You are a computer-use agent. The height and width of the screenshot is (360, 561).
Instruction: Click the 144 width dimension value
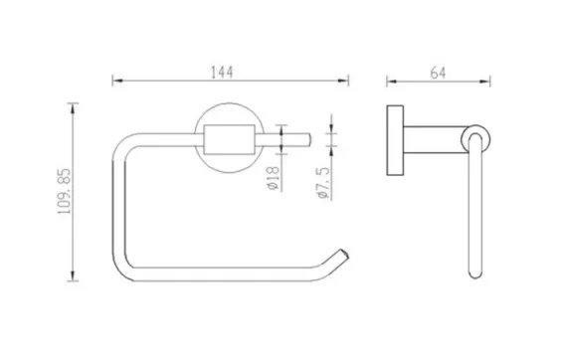(229, 72)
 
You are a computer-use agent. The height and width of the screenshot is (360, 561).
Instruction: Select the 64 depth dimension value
(437, 72)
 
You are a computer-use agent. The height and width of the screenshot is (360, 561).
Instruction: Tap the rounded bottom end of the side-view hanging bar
(474, 274)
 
